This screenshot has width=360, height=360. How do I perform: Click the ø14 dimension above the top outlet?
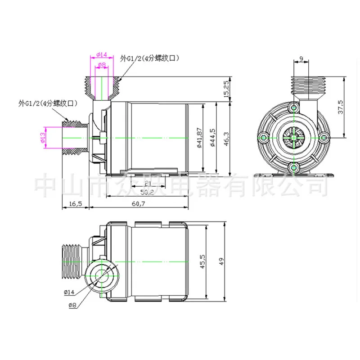point(102,55)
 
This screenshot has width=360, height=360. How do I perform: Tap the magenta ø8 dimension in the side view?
point(102,65)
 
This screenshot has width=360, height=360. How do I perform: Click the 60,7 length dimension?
point(139,204)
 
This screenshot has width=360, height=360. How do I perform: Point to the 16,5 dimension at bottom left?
point(76,204)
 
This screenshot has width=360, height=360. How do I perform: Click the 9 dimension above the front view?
point(300,58)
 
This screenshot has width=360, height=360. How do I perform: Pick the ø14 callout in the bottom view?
point(69,292)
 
